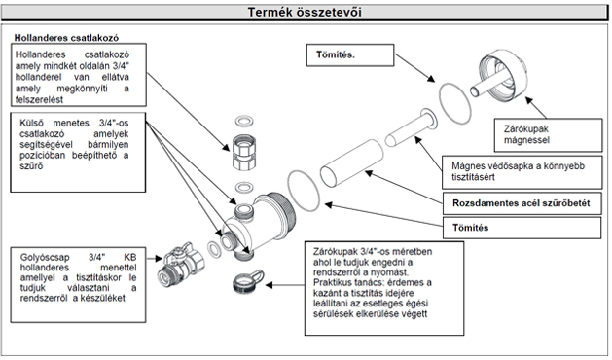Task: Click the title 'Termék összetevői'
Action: click(x=305, y=12)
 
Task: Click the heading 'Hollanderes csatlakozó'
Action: click(x=66, y=38)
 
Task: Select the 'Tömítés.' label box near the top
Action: click(x=350, y=55)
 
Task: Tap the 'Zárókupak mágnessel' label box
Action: click(x=548, y=135)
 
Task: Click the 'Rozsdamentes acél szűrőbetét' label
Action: click(x=522, y=203)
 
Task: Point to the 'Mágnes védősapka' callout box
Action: click(x=522, y=172)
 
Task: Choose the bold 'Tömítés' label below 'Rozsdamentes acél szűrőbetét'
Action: click(x=470, y=228)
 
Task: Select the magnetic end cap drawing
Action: click(x=499, y=76)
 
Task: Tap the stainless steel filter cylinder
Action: click(x=352, y=162)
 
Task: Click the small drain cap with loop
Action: click(x=247, y=281)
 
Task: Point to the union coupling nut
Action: click(x=243, y=152)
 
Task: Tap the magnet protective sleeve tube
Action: click(x=411, y=128)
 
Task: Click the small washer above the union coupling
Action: click(x=245, y=121)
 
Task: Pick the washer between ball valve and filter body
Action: click(x=213, y=250)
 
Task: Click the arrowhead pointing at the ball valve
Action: click(x=159, y=258)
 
